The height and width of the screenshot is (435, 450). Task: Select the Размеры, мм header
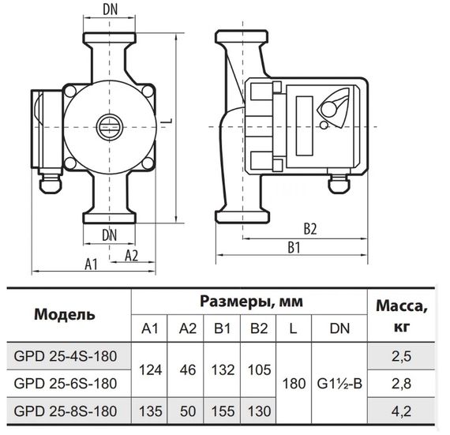[250, 302]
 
